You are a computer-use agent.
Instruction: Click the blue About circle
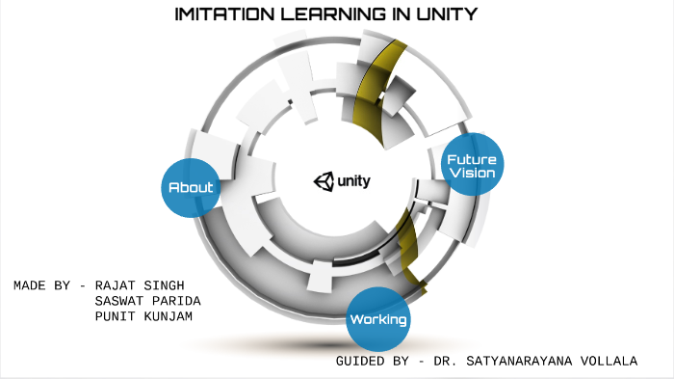pos(191,187)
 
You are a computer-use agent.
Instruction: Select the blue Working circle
pos(378,318)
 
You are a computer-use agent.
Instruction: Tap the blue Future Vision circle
pos(472,165)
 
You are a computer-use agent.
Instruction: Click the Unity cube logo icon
pos(322,180)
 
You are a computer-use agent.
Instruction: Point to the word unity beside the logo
pos(353,180)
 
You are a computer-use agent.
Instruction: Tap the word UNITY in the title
pos(437,14)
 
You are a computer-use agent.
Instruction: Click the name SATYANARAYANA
pos(516,361)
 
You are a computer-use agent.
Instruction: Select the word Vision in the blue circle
pos(472,174)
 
